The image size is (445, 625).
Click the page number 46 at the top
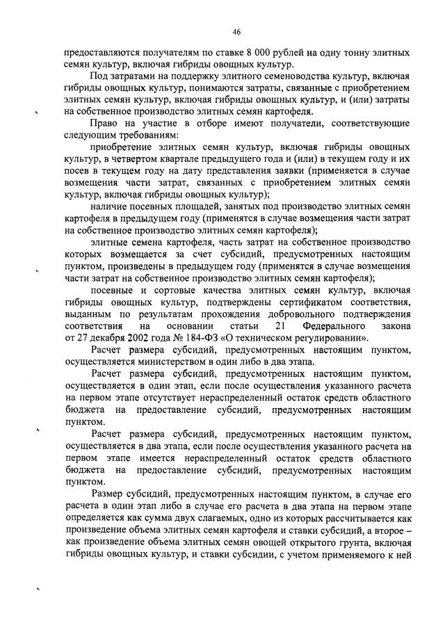(236, 32)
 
